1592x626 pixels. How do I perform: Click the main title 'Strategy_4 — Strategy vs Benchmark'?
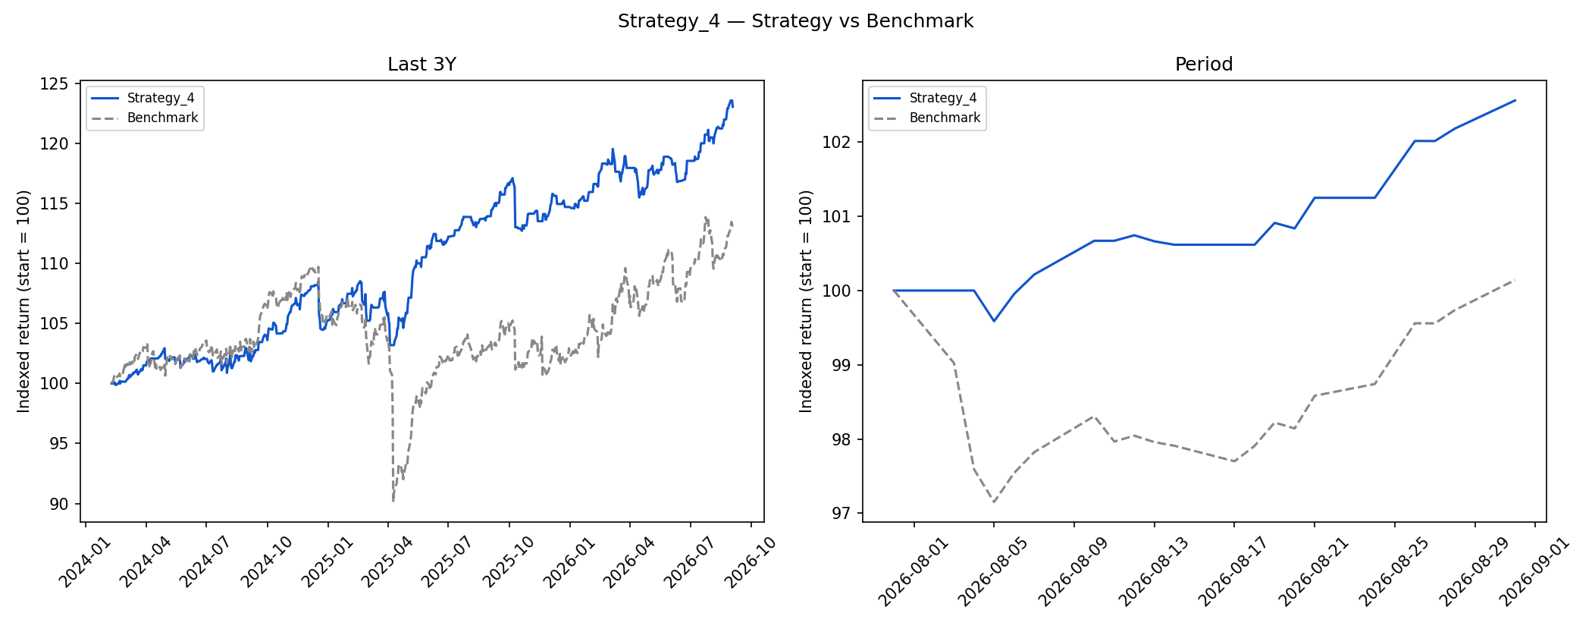pos(795,21)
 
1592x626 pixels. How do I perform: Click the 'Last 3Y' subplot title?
pos(422,64)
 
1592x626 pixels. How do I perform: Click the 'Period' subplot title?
pos(1204,64)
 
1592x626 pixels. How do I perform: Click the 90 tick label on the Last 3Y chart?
pos(59,504)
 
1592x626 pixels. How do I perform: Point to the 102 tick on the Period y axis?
pos(836,142)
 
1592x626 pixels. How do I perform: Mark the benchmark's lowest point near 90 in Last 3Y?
pos(393,501)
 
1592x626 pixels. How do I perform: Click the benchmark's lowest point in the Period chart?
pos(994,502)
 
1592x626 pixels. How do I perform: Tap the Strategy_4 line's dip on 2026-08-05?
pos(994,321)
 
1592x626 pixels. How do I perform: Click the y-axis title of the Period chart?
pos(806,301)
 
